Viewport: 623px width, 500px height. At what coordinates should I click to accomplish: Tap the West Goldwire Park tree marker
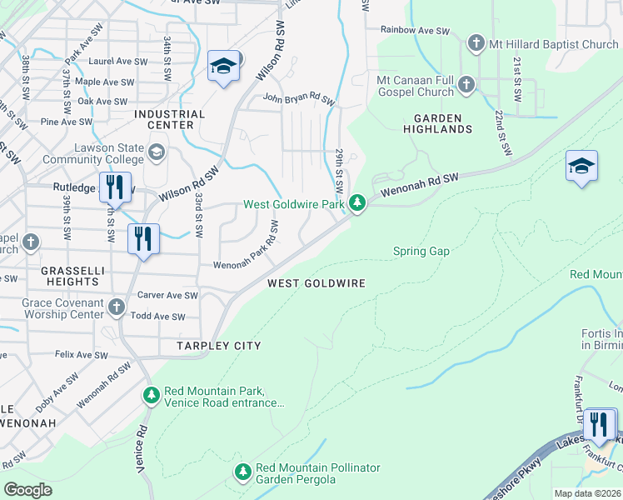(x=357, y=203)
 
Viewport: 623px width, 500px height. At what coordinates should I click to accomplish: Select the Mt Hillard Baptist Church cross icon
(x=476, y=43)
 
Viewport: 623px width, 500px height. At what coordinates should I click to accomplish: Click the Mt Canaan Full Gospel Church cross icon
(x=466, y=83)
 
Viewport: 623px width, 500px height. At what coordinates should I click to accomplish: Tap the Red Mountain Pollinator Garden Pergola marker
(x=242, y=472)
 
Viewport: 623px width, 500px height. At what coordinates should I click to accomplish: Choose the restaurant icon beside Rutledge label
(x=115, y=187)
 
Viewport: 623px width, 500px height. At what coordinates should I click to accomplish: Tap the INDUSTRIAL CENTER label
(x=169, y=119)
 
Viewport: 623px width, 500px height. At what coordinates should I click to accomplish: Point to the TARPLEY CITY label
(x=218, y=346)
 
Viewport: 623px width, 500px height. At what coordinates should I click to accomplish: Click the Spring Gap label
(x=421, y=251)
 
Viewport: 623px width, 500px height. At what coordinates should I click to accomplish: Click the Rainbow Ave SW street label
(x=415, y=30)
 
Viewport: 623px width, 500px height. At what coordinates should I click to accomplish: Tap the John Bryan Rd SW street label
(x=298, y=100)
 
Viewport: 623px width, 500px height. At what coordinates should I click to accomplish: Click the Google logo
(x=27, y=490)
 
